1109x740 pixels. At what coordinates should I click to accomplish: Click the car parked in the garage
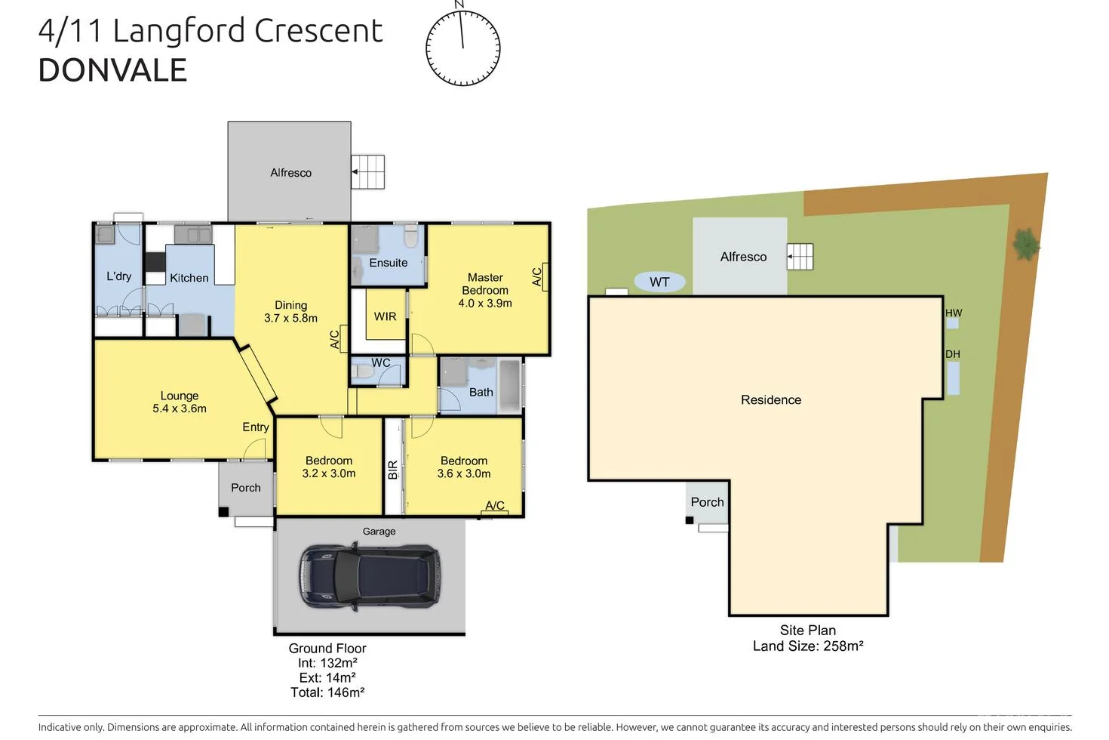coord(370,576)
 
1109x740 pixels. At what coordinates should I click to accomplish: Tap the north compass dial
coord(462,47)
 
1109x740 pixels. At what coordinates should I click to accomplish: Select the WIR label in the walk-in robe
coord(385,316)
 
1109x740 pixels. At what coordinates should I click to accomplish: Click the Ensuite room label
coord(388,263)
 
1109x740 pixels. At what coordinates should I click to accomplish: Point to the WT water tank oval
coord(659,282)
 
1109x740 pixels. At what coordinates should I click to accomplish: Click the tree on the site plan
coord(1025,244)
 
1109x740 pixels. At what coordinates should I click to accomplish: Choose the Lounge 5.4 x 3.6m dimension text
coord(180,409)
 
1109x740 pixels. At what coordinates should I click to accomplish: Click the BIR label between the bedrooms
coord(392,470)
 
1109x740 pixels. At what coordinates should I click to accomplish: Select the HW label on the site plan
coord(954,313)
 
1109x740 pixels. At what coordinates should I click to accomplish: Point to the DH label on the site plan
coord(953,354)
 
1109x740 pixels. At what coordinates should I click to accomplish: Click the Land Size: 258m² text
coord(807,646)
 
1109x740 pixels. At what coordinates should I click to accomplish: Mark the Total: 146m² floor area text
coord(327,692)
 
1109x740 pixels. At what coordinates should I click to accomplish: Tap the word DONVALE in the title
coord(112,70)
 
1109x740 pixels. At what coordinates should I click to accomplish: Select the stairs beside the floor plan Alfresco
coord(368,171)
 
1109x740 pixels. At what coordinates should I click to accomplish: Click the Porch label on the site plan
coord(707,502)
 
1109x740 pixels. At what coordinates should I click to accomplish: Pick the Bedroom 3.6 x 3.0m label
coord(464,467)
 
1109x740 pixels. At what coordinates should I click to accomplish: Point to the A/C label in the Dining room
coord(336,338)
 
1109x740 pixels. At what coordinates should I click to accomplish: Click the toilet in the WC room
coord(362,372)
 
